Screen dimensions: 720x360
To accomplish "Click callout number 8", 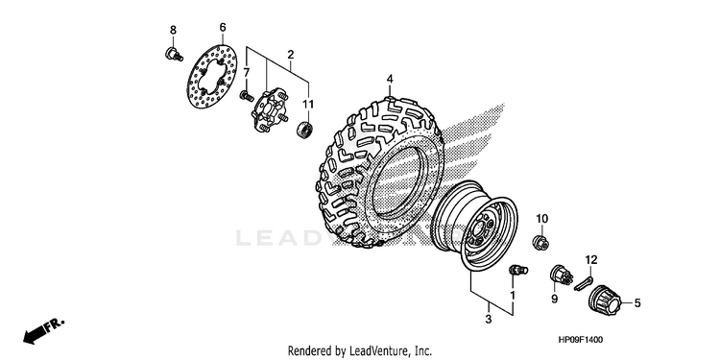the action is [173, 31].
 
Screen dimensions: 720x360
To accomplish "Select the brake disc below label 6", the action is [212, 76].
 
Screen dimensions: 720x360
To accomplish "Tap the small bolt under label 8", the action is [174, 54].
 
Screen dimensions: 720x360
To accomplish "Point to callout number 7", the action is [247, 73].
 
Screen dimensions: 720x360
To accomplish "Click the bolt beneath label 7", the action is [247, 96].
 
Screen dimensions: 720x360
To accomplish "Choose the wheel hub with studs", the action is [270, 110].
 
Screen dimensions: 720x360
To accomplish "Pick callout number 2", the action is [291, 55].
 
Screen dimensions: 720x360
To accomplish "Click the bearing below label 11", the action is [303, 128].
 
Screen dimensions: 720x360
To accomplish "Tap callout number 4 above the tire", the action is [390, 79].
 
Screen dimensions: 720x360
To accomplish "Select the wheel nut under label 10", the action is [540, 242].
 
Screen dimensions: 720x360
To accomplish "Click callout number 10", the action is [541, 218].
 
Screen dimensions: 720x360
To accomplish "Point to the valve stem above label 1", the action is [518, 270].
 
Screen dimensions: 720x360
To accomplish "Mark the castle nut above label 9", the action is [562, 275].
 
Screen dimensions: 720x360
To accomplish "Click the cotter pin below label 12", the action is [584, 284].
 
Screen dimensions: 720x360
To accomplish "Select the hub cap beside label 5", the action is [604, 300].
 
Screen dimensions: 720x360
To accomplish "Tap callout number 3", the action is [488, 319].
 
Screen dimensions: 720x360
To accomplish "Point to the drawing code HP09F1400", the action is [581, 340].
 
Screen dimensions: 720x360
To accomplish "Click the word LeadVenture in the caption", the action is [374, 351].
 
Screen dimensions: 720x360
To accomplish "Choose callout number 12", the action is [591, 260].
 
